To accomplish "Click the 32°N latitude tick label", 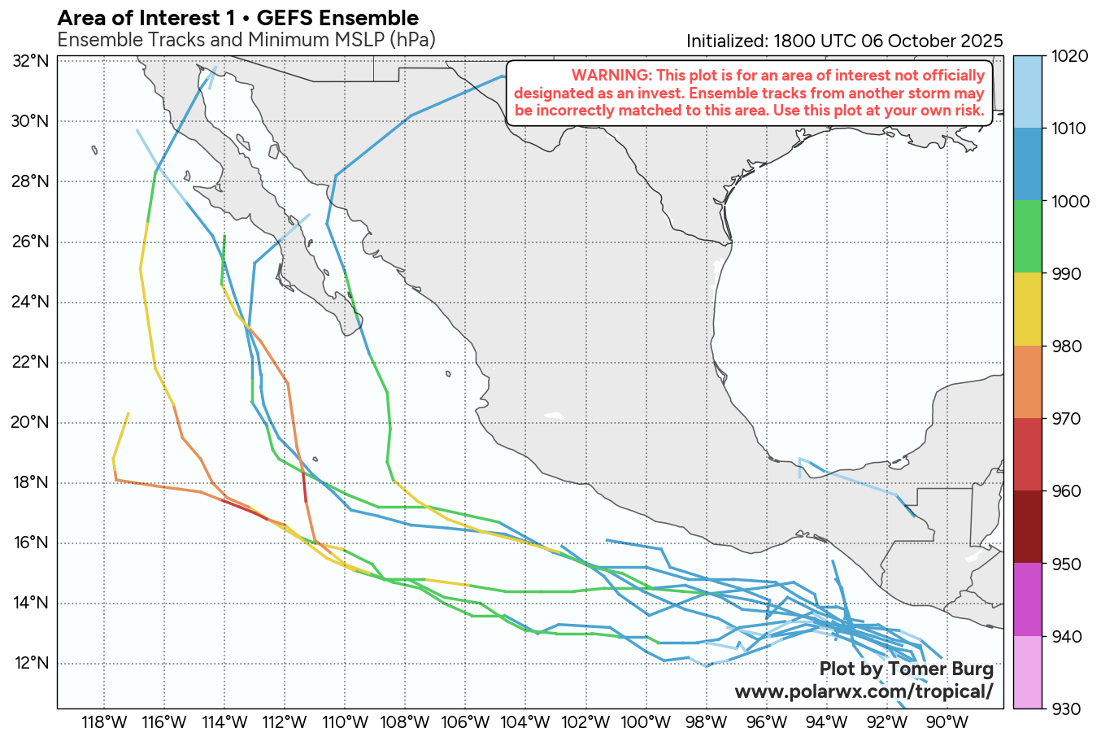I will click(31, 62).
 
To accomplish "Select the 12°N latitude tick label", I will click(31, 664).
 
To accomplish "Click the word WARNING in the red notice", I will click(605, 76).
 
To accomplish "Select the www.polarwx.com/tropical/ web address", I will click(864, 691).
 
